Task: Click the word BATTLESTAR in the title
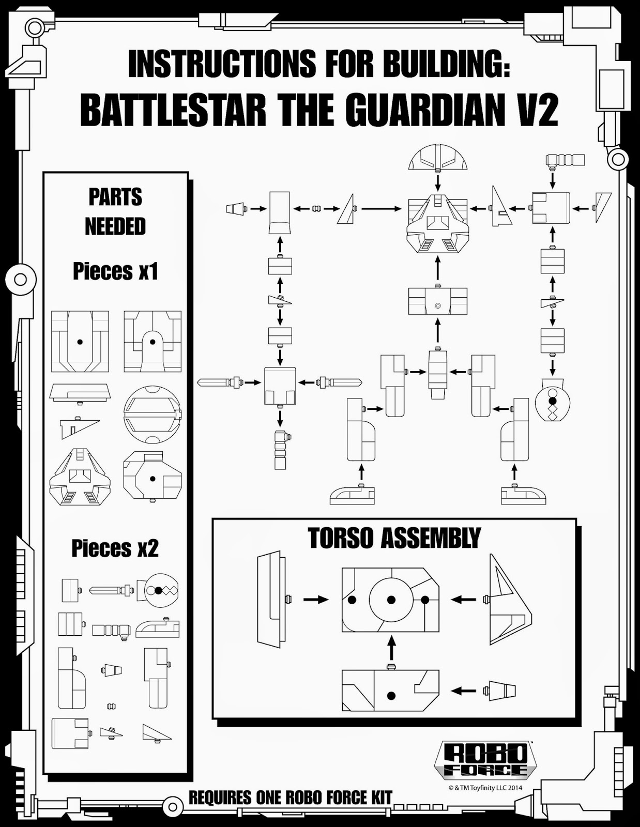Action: pos(174,110)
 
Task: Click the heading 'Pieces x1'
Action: pos(115,271)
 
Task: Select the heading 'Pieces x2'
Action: pos(115,548)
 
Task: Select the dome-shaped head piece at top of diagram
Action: pos(438,157)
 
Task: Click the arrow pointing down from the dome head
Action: pos(438,182)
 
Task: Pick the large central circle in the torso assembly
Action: pos(391,600)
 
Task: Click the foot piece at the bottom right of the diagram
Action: pos(523,495)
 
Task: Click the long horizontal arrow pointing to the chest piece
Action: pos(381,209)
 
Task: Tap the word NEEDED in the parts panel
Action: pos(115,226)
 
